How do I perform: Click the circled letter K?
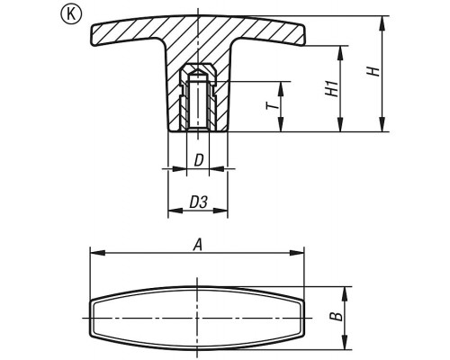click(x=71, y=14)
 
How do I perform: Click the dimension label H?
click(x=373, y=71)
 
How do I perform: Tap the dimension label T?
click(x=272, y=105)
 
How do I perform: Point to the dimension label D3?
click(x=198, y=202)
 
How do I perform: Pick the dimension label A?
click(x=197, y=245)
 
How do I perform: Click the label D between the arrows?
click(x=198, y=160)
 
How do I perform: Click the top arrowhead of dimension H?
click(x=382, y=23)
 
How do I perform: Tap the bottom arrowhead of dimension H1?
click(x=340, y=124)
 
